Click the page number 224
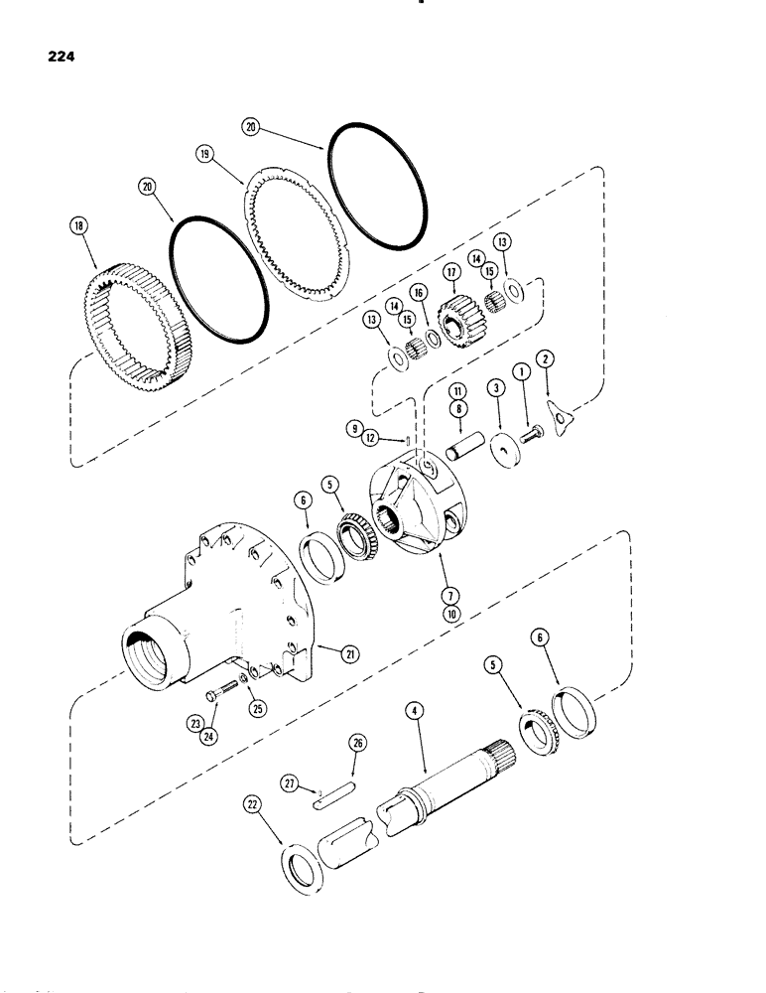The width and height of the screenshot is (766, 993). click(x=61, y=57)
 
